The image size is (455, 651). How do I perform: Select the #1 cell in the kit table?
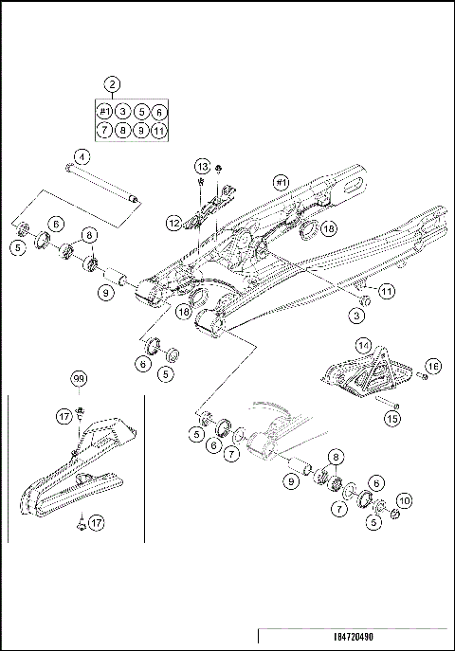105,112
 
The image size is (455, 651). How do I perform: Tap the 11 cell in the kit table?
159,130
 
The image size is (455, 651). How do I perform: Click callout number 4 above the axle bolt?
82,156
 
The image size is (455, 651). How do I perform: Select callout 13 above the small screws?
202,166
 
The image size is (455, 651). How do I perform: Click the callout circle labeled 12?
173,224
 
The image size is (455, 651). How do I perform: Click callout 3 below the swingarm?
359,314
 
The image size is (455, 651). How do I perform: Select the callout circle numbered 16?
433,366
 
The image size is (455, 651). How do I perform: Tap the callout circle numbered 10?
403,499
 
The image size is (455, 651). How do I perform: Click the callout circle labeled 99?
79,379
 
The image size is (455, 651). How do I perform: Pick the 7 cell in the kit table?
105,130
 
